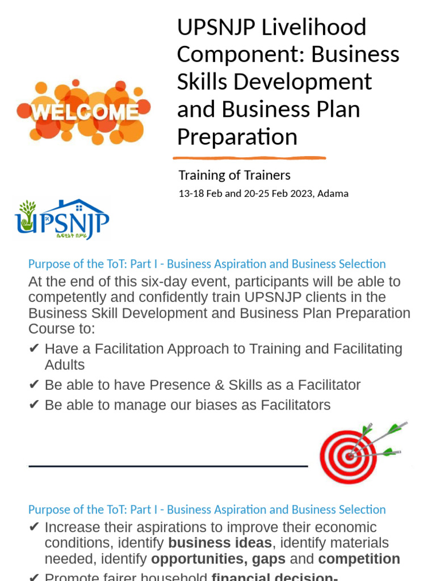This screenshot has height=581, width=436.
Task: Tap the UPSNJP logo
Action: [62, 219]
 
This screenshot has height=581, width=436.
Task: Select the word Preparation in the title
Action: [237, 137]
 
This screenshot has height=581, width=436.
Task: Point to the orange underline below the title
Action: [249, 158]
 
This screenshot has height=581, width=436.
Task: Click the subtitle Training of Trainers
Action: [234, 175]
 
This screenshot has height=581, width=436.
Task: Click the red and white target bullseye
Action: [348, 457]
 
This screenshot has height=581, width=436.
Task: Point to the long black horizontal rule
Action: [168, 466]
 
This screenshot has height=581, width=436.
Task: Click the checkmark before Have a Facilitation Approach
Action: [33, 349]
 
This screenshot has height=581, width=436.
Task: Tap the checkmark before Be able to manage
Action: [33, 405]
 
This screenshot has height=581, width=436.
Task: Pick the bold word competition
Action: [359, 559]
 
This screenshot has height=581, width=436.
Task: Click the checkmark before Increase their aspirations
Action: [33, 528]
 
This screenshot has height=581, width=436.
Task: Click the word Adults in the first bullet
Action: [65, 365]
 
